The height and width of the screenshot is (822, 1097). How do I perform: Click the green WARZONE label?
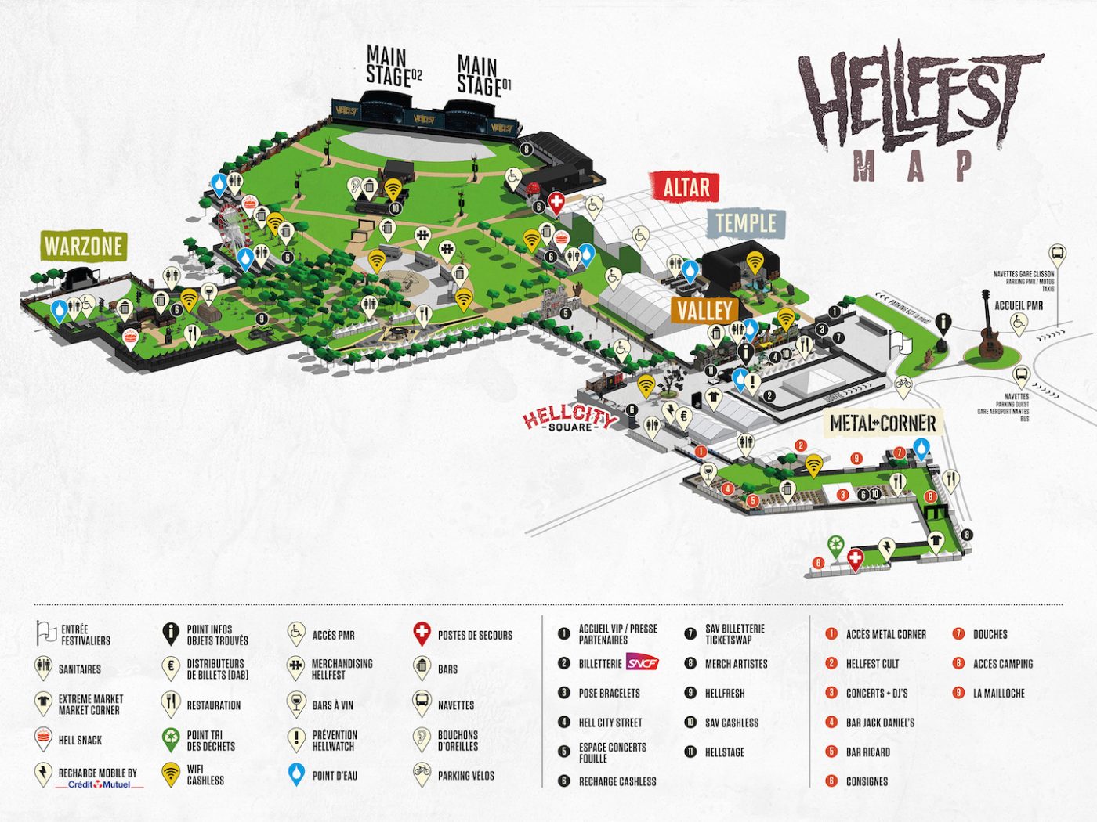[83, 247]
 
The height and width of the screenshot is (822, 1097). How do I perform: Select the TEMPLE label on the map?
[745, 224]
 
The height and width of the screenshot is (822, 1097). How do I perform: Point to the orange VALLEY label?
[704, 311]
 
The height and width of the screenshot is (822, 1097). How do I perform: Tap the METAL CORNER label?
[883, 424]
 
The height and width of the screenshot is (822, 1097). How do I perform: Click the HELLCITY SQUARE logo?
[570, 418]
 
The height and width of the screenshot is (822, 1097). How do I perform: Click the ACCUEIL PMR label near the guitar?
[1019, 305]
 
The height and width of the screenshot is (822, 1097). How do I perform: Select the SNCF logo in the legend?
[643, 663]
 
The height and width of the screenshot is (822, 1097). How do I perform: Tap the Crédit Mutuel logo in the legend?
[99, 784]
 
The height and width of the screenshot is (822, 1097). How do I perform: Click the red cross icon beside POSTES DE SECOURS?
[422, 633]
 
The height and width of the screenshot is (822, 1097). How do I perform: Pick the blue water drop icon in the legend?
[296, 774]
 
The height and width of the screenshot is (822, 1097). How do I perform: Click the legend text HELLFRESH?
[725, 693]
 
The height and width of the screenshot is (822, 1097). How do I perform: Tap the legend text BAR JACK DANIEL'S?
[880, 723]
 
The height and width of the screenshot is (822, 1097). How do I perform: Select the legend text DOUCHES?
[990, 634]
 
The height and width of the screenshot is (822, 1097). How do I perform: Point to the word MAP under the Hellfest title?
[914, 165]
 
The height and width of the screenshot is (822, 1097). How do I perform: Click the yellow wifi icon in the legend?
[171, 774]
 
